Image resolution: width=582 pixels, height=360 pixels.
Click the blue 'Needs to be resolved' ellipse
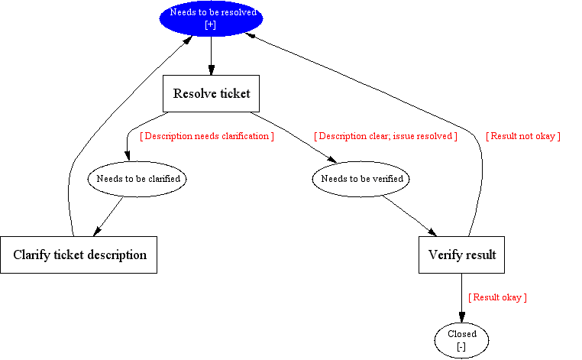(x=212, y=18)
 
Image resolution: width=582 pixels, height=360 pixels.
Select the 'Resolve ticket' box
(x=212, y=93)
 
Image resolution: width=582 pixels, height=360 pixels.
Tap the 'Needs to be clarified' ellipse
(x=137, y=179)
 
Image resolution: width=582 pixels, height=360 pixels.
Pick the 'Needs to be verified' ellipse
(x=361, y=179)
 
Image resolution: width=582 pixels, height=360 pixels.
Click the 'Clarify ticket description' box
(x=79, y=255)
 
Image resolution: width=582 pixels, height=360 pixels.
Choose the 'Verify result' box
(x=462, y=255)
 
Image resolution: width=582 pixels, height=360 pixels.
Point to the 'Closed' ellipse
(x=462, y=341)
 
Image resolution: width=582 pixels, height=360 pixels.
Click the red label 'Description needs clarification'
(x=207, y=136)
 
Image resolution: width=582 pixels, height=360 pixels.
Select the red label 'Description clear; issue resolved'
(x=386, y=136)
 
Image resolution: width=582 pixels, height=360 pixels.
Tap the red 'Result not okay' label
(x=523, y=136)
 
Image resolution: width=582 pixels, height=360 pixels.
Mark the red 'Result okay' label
(x=497, y=297)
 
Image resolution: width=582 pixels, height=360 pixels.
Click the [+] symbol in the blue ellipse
(x=211, y=25)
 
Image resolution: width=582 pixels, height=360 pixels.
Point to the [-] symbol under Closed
(x=461, y=347)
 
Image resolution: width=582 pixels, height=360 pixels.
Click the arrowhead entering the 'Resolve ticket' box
(x=212, y=70)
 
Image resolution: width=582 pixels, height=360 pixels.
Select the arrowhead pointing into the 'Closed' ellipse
(x=462, y=318)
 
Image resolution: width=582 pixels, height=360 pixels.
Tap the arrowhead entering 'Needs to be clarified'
(x=128, y=156)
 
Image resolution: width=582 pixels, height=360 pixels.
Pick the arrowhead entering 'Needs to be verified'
(x=331, y=160)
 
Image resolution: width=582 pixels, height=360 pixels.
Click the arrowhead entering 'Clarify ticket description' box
(x=97, y=232)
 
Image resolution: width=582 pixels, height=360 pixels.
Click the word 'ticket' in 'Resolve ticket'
(x=234, y=93)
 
